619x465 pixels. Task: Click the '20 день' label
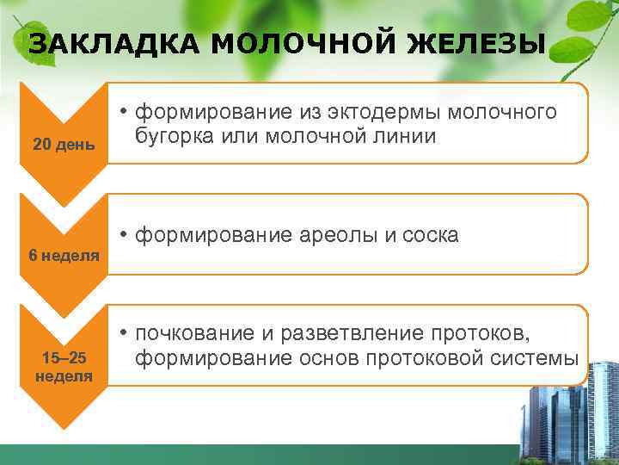tap(64, 144)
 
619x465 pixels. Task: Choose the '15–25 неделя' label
tap(64, 367)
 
